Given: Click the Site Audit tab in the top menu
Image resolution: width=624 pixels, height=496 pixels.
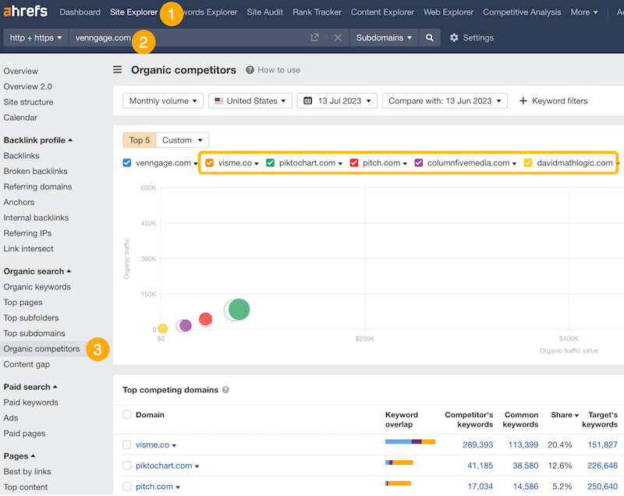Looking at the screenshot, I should (x=265, y=12).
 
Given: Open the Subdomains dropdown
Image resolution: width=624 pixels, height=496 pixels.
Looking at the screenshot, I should (x=384, y=37).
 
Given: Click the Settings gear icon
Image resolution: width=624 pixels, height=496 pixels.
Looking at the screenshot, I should (x=454, y=37).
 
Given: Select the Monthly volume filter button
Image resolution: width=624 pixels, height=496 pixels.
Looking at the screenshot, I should (x=163, y=101).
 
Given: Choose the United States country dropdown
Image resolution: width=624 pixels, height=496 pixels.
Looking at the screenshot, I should (x=250, y=101).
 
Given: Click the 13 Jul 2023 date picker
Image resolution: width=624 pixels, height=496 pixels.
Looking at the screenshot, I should (x=337, y=101).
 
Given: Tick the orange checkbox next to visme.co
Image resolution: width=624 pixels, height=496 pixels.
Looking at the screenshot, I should (x=209, y=163).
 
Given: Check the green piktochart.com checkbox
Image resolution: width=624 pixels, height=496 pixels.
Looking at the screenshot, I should (x=270, y=163).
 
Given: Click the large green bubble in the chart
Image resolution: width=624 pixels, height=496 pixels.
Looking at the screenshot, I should (x=239, y=310).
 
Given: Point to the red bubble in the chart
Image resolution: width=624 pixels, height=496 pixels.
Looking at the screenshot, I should (x=205, y=319).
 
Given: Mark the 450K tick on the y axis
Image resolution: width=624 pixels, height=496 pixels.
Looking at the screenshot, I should (x=148, y=223).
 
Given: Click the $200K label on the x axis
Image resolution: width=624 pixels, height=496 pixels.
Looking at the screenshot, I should (x=365, y=339).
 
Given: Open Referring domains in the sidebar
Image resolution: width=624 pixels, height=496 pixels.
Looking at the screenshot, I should (x=37, y=186).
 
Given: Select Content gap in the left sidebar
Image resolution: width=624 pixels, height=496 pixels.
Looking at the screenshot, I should (x=27, y=364).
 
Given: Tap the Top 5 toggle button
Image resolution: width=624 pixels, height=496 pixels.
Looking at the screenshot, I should (x=140, y=140).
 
